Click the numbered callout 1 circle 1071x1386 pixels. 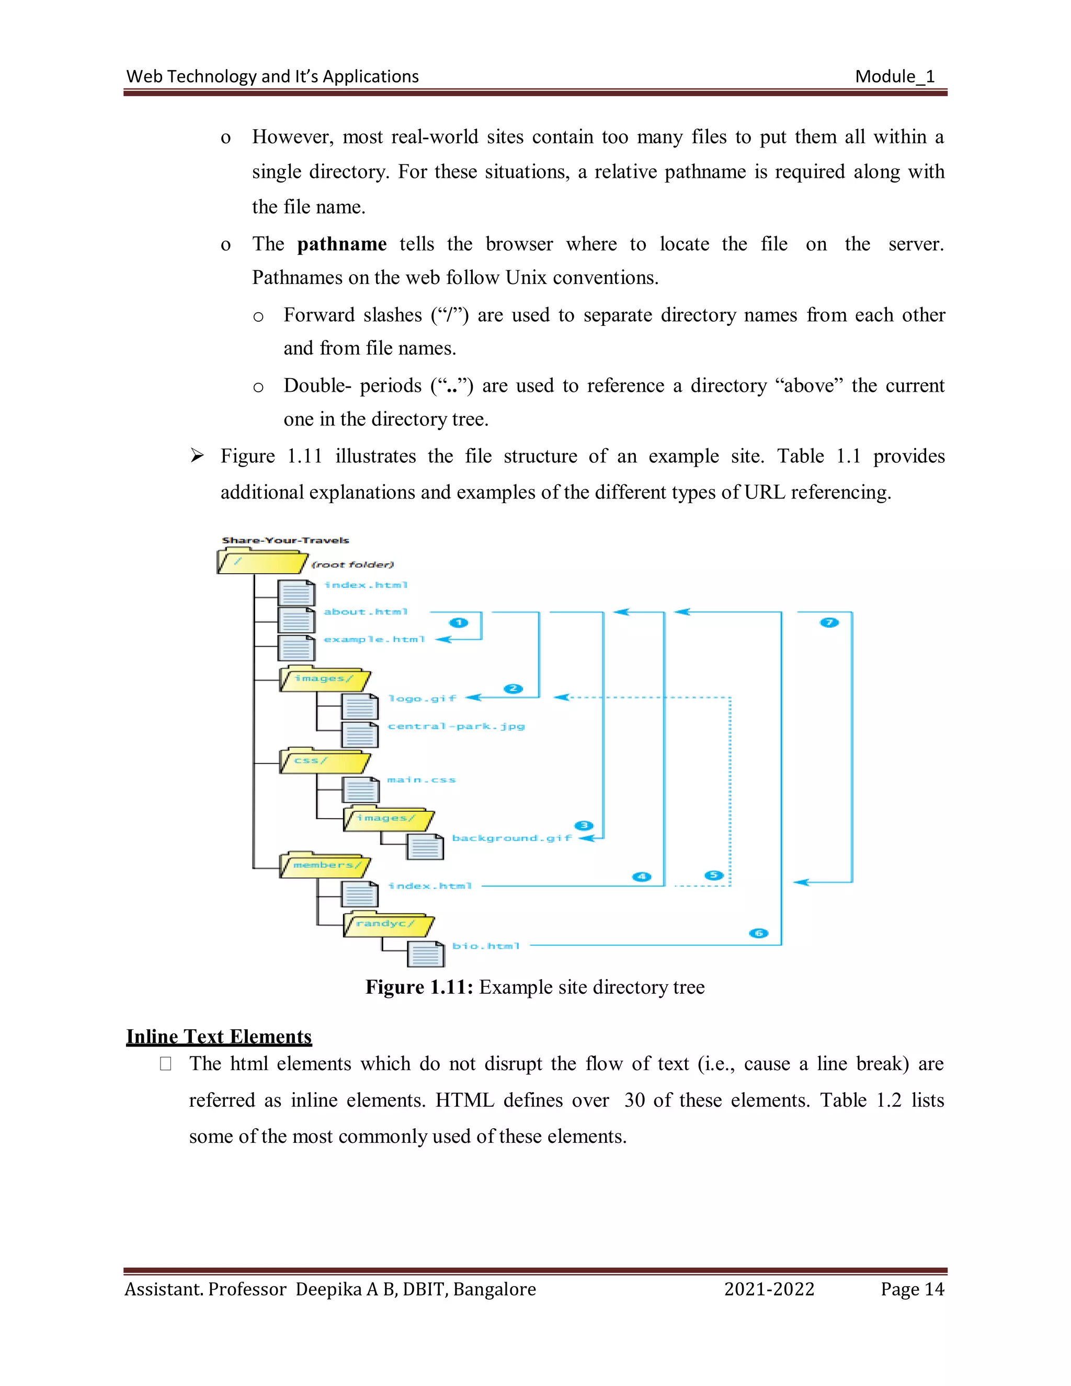tap(459, 622)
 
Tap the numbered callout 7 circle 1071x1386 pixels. tap(829, 622)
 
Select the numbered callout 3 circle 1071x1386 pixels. tap(584, 825)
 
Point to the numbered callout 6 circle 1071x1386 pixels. tap(759, 933)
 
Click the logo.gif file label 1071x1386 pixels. tap(423, 698)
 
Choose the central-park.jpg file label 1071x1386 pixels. tap(456, 726)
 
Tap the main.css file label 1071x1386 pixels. tap(421, 779)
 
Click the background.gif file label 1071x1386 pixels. tap(511, 838)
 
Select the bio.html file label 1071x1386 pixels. tap(486, 946)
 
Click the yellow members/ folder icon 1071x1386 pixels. tap(325, 866)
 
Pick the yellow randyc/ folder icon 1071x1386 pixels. tap(389, 925)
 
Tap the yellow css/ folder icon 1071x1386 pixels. tap(324, 761)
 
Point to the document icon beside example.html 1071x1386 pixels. tap(297, 648)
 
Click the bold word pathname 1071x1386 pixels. tap(342, 244)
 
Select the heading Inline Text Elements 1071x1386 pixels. tap(219, 1036)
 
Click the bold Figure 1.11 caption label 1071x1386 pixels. tap(419, 987)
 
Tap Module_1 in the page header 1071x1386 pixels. tap(895, 77)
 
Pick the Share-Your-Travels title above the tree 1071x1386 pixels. tap(286, 540)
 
